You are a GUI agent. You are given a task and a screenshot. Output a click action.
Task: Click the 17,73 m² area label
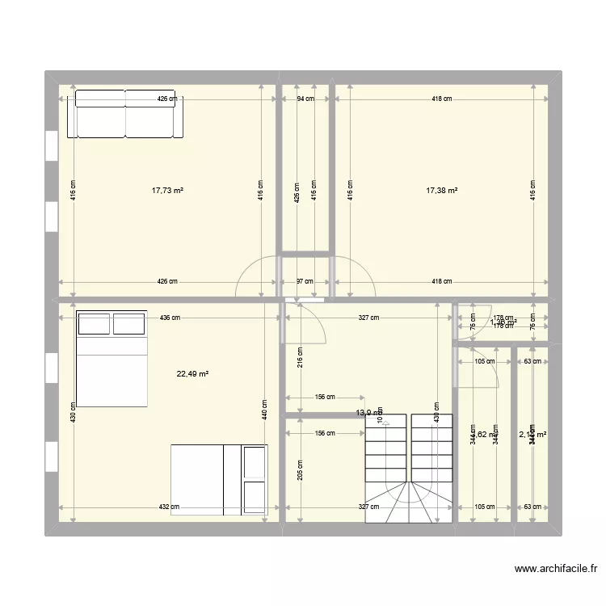pyautogui.click(x=167, y=191)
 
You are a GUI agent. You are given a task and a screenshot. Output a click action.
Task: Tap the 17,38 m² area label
pyautogui.click(x=442, y=191)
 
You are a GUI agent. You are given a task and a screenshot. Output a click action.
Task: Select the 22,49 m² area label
pyautogui.click(x=193, y=374)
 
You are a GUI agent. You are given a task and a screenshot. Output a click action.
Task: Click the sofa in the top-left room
pyautogui.click(x=125, y=114)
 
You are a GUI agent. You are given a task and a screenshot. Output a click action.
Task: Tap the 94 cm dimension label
pyautogui.click(x=305, y=99)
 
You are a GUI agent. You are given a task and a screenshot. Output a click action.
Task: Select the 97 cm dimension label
pyautogui.click(x=305, y=282)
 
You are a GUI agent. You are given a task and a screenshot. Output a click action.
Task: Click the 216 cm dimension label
pyautogui.click(x=300, y=356)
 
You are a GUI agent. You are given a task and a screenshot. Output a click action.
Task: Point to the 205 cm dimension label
pyautogui.click(x=300, y=469)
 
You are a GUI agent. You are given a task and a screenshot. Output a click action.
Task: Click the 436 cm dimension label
pyautogui.click(x=170, y=318)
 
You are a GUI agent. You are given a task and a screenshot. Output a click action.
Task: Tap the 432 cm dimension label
pyautogui.click(x=168, y=507)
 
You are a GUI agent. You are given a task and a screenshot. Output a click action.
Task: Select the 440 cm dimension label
pyautogui.click(x=264, y=413)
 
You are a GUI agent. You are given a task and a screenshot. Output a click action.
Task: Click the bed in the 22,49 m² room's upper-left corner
pyautogui.click(x=112, y=357)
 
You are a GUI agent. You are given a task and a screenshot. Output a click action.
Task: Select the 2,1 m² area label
pyautogui.click(x=532, y=435)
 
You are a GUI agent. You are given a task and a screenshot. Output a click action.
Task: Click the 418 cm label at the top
pyautogui.click(x=441, y=99)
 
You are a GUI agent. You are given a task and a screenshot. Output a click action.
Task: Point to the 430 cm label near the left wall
pyautogui.click(x=73, y=413)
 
